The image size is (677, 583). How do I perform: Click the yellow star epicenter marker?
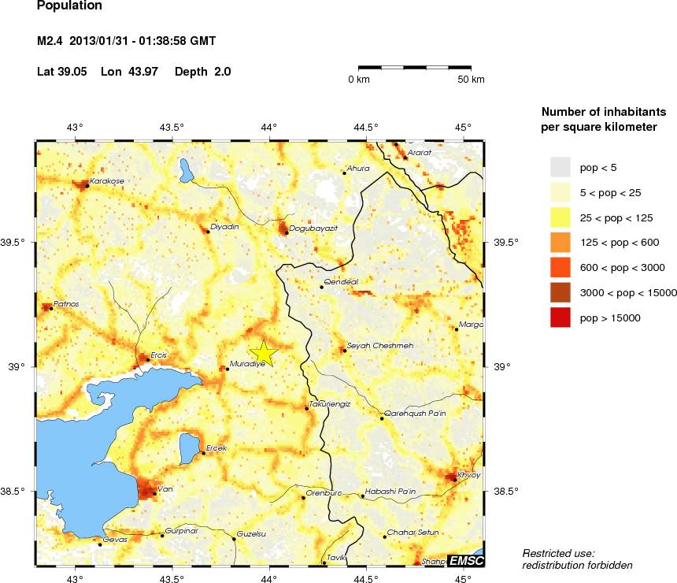tap(264, 353)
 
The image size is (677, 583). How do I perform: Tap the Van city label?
tap(165, 489)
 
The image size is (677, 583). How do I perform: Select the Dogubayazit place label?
tap(313, 228)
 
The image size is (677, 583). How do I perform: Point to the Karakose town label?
tap(106, 181)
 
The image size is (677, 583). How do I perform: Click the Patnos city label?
tap(66, 303)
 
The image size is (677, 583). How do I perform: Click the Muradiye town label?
tap(247, 365)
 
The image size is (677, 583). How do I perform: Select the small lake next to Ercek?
tap(189, 448)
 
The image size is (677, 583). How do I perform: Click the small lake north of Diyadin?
tap(186, 169)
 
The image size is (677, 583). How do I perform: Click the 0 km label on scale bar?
tap(359, 80)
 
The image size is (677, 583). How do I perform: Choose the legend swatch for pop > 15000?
tap(560, 317)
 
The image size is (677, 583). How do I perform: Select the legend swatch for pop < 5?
tap(560, 166)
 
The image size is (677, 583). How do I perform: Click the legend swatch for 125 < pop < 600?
tap(560, 242)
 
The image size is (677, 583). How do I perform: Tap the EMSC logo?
tap(465, 560)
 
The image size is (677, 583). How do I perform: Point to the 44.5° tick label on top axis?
tap(366, 127)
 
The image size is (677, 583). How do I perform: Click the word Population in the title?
tap(69, 6)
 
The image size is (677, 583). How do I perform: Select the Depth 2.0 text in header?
tap(202, 72)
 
